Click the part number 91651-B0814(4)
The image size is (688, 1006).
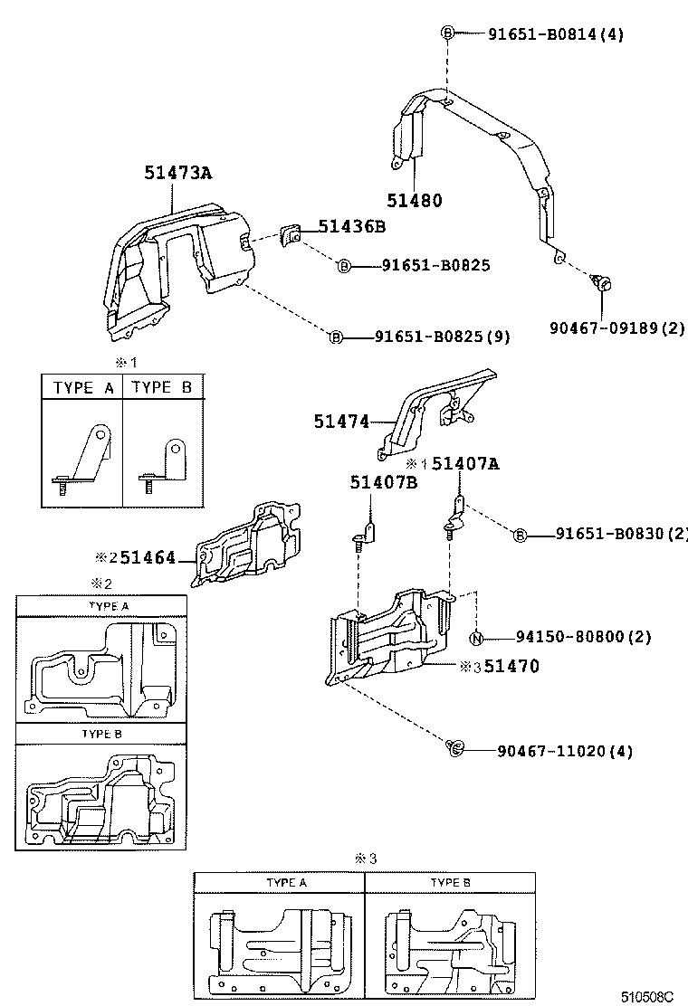[556, 34]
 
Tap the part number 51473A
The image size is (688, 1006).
[177, 172]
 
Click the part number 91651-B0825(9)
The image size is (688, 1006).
[443, 337]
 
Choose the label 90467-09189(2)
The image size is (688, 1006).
[617, 327]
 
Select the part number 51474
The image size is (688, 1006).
[341, 421]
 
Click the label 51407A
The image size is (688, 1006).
[465, 463]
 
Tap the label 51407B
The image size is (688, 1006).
[383, 482]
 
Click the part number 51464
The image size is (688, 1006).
[148, 558]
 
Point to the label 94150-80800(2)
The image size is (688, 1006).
[584, 636]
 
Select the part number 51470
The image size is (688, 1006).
[511, 667]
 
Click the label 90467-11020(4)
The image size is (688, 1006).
[564, 751]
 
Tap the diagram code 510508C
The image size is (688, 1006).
[646, 996]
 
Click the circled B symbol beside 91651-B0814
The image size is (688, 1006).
[447, 34]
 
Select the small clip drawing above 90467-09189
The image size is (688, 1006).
[601, 283]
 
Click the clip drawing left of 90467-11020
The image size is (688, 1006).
[455, 747]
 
